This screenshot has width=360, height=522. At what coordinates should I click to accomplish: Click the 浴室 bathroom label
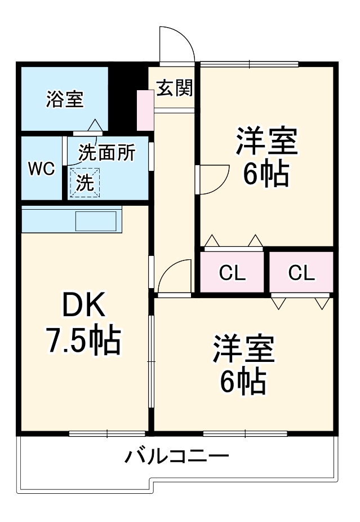65,100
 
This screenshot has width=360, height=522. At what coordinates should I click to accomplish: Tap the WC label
42,169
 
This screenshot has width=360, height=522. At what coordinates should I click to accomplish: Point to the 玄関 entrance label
174,88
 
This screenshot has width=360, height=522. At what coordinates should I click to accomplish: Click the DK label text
83,306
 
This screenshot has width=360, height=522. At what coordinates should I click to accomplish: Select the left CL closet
232,273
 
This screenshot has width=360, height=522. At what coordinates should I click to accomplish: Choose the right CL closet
301,273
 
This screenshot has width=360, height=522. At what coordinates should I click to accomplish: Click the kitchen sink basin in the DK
98,220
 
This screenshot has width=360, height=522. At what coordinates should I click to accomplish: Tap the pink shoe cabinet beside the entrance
145,109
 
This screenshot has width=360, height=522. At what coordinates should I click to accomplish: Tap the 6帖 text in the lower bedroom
243,382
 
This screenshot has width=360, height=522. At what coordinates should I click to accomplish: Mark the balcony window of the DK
107,433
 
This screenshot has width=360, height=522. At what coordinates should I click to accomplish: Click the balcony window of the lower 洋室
245,433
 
